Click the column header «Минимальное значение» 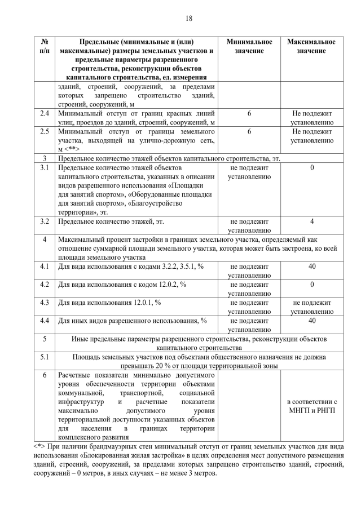click(x=249, y=47)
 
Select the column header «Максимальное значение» click(x=311, y=47)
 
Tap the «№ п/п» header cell click(x=45, y=47)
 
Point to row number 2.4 click(x=45, y=114)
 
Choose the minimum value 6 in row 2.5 click(x=249, y=131)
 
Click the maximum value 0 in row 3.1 click(x=312, y=168)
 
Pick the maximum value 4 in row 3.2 click(x=312, y=221)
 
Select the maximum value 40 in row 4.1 click(x=312, y=265)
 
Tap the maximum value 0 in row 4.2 click(x=312, y=284)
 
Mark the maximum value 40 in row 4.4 click(x=312, y=321)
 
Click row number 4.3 click(x=45, y=303)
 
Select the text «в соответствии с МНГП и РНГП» click(x=311, y=406)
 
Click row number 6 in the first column click(x=45, y=375)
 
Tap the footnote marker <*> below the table click(x=40, y=447)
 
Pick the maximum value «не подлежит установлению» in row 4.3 click(x=311, y=307)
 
